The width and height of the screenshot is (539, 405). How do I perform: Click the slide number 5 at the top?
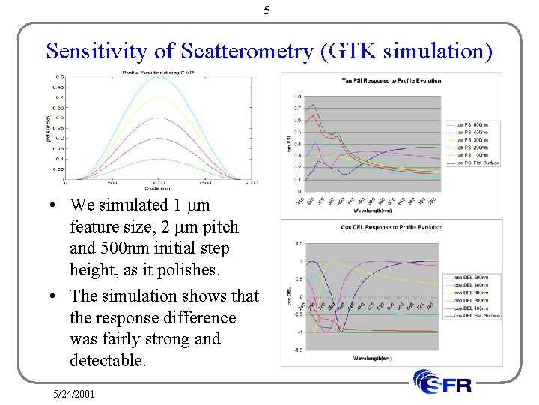pyautogui.click(x=267, y=10)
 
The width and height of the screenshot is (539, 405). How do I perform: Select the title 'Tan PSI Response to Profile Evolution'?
pyautogui.click(x=391, y=80)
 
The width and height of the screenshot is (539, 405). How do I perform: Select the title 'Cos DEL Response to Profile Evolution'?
pyautogui.click(x=391, y=227)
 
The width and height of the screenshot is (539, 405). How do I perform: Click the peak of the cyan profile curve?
pyautogui.click(x=158, y=77)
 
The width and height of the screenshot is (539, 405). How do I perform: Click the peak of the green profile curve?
pyautogui.click(x=158, y=159)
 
